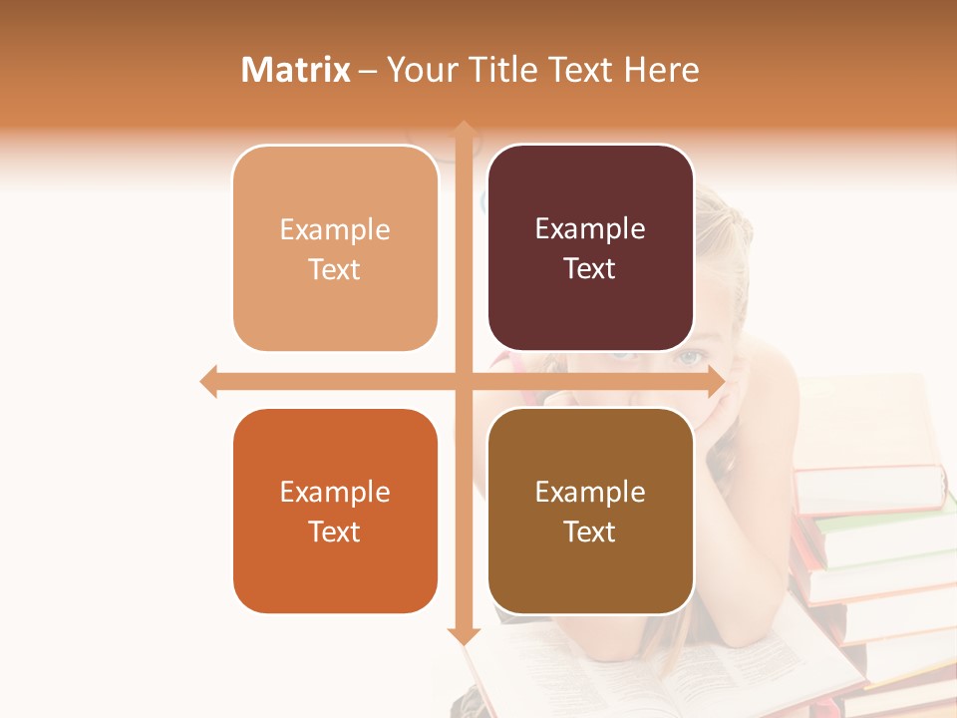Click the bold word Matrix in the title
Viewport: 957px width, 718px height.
click(296, 70)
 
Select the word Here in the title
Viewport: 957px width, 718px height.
click(662, 70)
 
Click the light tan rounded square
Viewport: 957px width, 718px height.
click(335, 248)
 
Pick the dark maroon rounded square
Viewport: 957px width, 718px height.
click(590, 248)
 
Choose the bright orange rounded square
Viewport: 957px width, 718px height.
click(335, 511)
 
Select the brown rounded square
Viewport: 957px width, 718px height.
click(590, 511)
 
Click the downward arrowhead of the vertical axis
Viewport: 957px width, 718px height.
click(464, 635)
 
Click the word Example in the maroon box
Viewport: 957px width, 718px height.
click(590, 229)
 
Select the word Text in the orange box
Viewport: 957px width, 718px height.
click(335, 532)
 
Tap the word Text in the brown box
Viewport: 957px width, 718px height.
click(590, 532)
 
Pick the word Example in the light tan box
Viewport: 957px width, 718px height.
click(335, 230)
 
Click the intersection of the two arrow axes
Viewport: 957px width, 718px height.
click(464, 381)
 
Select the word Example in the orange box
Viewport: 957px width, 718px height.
click(335, 492)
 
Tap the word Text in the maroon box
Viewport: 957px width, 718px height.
click(590, 269)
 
